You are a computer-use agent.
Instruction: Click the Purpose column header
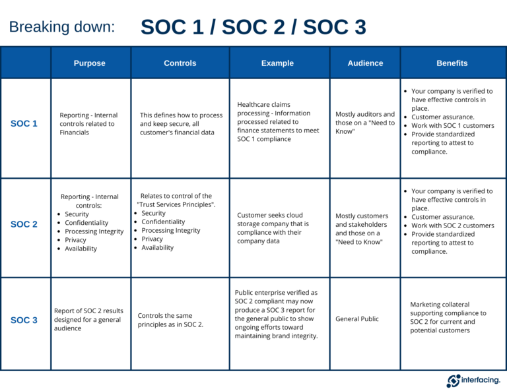(90, 63)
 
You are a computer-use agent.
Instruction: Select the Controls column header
(180, 63)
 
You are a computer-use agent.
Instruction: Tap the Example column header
(277, 63)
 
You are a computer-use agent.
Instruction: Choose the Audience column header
(365, 63)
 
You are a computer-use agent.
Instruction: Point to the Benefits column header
(452, 63)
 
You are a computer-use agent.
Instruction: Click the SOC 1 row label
(24, 123)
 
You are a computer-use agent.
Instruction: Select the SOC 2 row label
(24, 224)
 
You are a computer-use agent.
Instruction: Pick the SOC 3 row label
(24, 320)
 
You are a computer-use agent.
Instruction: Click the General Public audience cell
(357, 319)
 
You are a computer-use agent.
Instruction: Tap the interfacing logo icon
(454, 380)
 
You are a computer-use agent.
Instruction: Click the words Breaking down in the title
(62, 27)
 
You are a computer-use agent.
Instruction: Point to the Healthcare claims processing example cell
(278, 122)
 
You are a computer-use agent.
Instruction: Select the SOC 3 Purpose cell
(88, 319)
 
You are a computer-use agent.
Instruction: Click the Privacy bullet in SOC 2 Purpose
(75, 240)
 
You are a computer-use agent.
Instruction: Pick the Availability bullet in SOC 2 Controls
(158, 248)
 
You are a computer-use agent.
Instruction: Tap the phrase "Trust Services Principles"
(176, 204)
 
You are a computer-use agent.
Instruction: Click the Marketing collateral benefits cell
(448, 318)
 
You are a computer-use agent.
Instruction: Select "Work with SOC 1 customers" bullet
(452, 126)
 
